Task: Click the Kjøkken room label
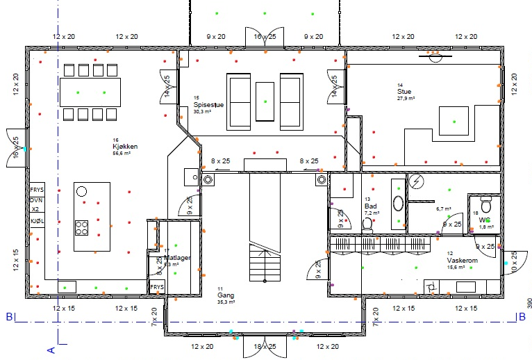pyautogui.click(x=126, y=147)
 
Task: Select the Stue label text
pyautogui.click(x=404, y=91)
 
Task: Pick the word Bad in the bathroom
pyautogui.click(x=370, y=206)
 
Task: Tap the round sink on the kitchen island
pyautogui.click(x=82, y=191)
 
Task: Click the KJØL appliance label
pyautogui.click(x=37, y=221)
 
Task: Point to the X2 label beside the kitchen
pyautogui.click(x=36, y=210)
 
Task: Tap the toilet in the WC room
pyautogui.click(x=486, y=206)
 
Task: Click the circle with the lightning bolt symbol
pyautogui.click(x=416, y=181)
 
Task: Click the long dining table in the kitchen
pyautogui.click(x=94, y=92)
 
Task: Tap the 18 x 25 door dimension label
pyautogui.click(x=265, y=346)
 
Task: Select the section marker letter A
pyautogui.click(x=51, y=350)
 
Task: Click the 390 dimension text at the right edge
pyautogui.click(x=528, y=303)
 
